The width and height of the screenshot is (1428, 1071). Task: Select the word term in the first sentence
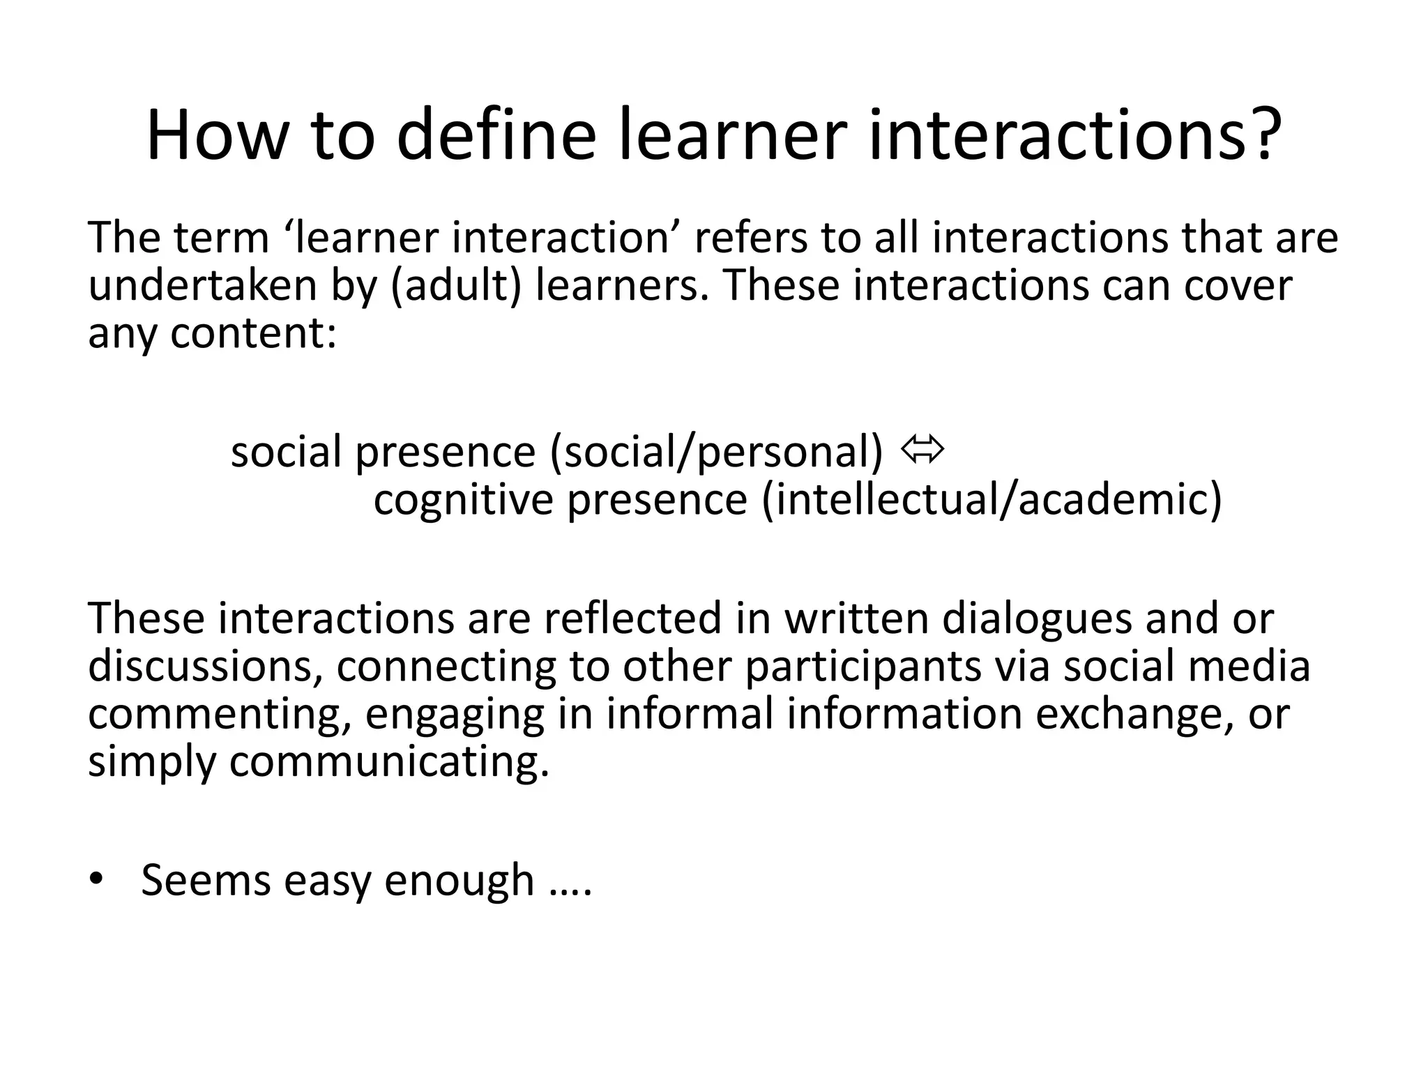(x=221, y=238)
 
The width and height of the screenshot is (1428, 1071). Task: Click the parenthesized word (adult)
(x=456, y=286)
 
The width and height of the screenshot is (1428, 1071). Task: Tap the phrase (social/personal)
(x=716, y=452)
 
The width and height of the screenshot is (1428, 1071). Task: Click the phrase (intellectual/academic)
(x=992, y=500)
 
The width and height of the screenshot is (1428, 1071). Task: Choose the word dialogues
(x=1037, y=618)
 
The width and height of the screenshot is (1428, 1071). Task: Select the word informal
(x=690, y=714)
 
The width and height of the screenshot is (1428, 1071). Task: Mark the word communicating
(x=388, y=761)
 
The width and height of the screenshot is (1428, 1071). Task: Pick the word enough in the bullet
(x=459, y=880)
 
